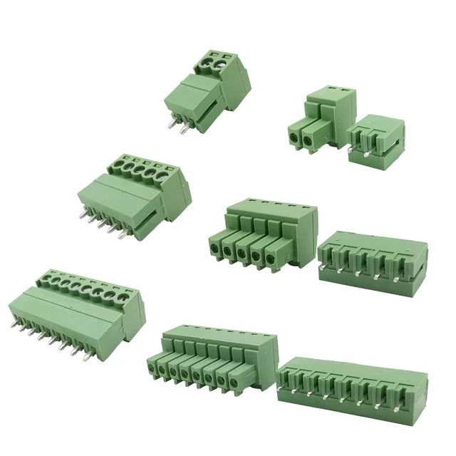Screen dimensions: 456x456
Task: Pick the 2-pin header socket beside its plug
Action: (x=376, y=140)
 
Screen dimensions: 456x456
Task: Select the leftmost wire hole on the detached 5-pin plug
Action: (x=214, y=248)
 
